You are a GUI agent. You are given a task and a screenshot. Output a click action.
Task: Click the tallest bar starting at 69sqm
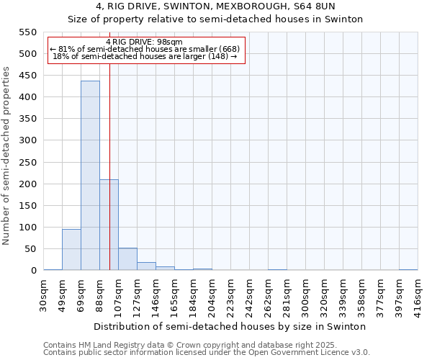coord(90,176)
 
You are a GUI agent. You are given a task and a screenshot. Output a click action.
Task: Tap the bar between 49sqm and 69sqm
coord(71,249)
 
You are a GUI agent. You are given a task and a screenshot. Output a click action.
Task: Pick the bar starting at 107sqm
coord(127,259)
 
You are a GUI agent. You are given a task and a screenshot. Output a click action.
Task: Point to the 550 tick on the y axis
coord(27,32)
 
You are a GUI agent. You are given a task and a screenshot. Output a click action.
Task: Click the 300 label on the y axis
coord(27,140)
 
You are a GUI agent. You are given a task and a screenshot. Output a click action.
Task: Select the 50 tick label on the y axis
coord(30,249)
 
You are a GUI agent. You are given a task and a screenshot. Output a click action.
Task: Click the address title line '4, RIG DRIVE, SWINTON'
coord(215,6)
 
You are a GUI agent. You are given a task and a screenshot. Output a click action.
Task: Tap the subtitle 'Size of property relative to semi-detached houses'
coord(215,19)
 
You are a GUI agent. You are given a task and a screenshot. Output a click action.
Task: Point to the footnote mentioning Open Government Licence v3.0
coord(207,353)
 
